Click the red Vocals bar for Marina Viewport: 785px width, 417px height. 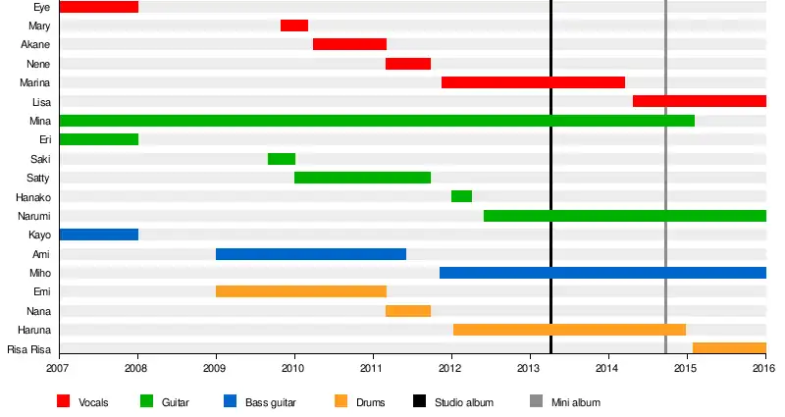(533, 82)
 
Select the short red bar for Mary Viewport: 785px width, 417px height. (293, 26)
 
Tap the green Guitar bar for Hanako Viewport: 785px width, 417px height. (461, 196)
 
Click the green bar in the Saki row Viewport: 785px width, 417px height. (281, 159)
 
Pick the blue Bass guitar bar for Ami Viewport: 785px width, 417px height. (310, 254)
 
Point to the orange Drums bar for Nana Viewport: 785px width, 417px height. (407, 311)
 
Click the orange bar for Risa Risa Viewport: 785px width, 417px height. (728, 348)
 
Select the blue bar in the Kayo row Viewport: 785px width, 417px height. (98, 235)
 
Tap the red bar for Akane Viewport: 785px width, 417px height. (349, 44)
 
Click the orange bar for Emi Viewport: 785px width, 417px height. (300, 291)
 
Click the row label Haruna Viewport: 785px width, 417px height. (34, 330)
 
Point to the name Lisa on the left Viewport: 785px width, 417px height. (41, 102)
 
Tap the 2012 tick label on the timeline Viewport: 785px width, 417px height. (450, 369)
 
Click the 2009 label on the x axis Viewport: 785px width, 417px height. (215, 369)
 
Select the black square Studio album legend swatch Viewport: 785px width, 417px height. (419, 401)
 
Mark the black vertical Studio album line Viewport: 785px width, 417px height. (550, 196)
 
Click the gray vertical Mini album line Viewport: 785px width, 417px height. (665, 196)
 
